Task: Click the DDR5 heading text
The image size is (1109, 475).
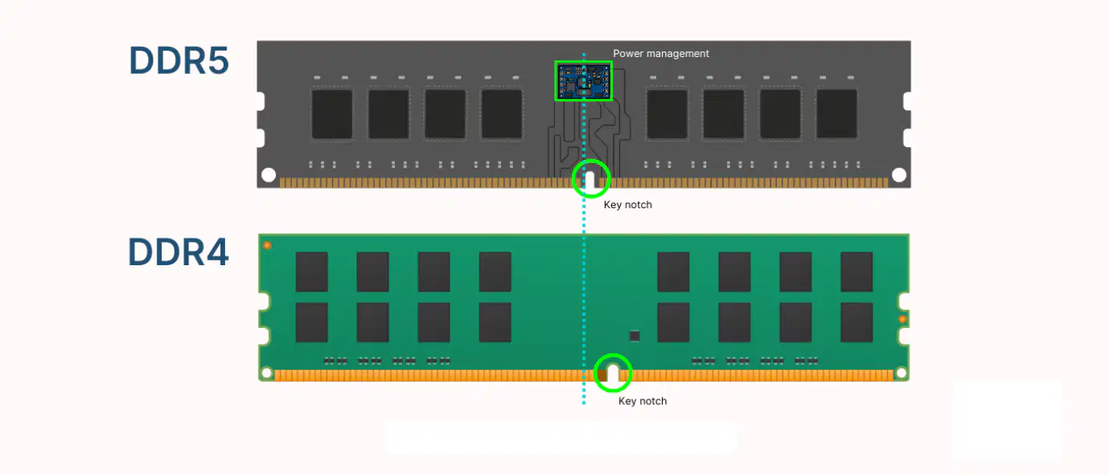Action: point(179,60)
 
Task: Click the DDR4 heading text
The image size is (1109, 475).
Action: point(179,252)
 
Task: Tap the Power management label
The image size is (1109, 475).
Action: point(661,53)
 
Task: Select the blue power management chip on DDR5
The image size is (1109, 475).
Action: point(584,81)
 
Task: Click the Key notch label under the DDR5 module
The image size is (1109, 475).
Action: point(628,205)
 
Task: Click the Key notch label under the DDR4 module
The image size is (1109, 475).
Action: point(643,401)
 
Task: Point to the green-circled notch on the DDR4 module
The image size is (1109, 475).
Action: point(613,374)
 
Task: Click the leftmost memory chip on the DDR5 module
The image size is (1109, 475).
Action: point(332,114)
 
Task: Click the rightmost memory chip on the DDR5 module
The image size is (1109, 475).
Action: point(836,114)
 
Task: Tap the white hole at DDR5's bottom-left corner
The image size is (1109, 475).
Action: point(269,174)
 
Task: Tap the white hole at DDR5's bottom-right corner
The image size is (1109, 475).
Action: point(899,174)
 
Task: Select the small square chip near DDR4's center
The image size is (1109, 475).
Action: point(635,336)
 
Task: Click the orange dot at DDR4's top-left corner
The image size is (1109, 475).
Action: point(267,245)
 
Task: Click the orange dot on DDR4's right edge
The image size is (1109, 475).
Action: point(902,319)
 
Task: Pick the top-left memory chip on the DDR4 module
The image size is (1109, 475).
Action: point(312,272)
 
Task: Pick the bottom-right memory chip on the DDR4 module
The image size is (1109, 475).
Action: point(856,322)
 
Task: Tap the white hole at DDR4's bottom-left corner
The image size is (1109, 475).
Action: point(266,373)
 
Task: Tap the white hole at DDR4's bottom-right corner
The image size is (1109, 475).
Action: point(902,373)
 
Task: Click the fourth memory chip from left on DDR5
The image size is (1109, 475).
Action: point(502,114)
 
